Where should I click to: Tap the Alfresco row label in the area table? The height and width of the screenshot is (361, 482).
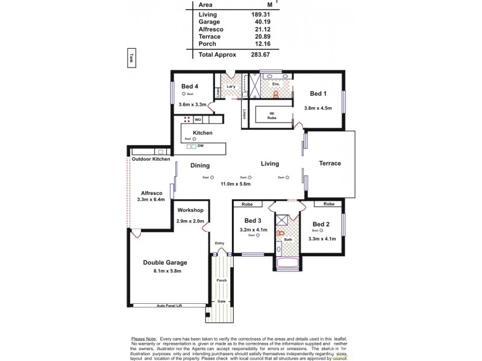[x=211, y=29]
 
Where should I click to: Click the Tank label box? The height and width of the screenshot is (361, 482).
[x=131, y=58]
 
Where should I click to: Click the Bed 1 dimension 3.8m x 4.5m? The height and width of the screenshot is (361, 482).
[x=319, y=108]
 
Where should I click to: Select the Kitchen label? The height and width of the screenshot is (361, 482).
[x=202, y=132]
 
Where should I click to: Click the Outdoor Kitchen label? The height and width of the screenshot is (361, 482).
[x=151, y=159]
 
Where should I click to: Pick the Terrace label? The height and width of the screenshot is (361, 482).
[x=330, y=163]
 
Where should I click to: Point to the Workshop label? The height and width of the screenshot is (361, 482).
[x=190, y=210]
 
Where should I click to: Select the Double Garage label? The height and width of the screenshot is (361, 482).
[x=164, y=262]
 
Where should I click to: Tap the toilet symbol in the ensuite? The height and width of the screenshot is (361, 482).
[x=277, y=94]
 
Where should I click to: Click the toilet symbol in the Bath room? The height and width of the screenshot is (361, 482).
[x=280, y=234]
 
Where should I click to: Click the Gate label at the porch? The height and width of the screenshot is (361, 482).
[x=221, y=301]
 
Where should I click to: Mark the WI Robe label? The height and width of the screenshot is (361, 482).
[x=272, y=114]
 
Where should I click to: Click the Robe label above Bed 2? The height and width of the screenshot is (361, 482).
[x=328, y=204]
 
